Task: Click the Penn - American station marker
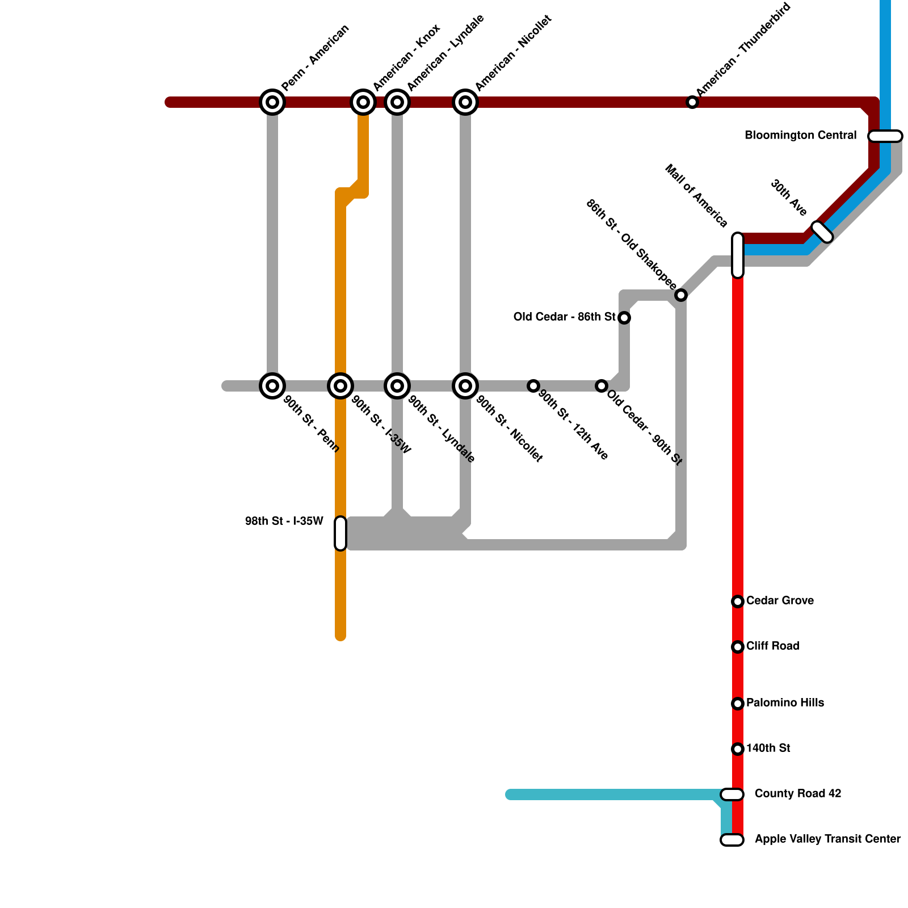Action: [272, 102]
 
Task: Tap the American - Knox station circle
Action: [363, 102]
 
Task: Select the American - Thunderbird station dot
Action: [692, 102]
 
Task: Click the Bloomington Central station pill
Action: [885, 136]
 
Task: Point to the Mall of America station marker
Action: [738, 255]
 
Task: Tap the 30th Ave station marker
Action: [822, 232]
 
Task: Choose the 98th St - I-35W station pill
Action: [340, 533]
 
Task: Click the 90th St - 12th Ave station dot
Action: [533, 386]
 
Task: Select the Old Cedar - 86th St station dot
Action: [624, 318]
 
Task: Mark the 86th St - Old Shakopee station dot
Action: [681, 295]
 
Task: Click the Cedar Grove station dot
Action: [738, 602]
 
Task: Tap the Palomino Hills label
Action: [785, 703]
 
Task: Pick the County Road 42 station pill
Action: [732, 794]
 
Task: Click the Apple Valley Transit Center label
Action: [827, 839]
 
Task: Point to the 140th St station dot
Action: [738, 749]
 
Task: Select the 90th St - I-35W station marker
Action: [340, 386]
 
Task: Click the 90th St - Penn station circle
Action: [272, 386]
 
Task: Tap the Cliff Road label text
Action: [772, 646]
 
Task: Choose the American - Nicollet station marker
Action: [465, 102]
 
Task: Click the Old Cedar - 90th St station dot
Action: [602, 386]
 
